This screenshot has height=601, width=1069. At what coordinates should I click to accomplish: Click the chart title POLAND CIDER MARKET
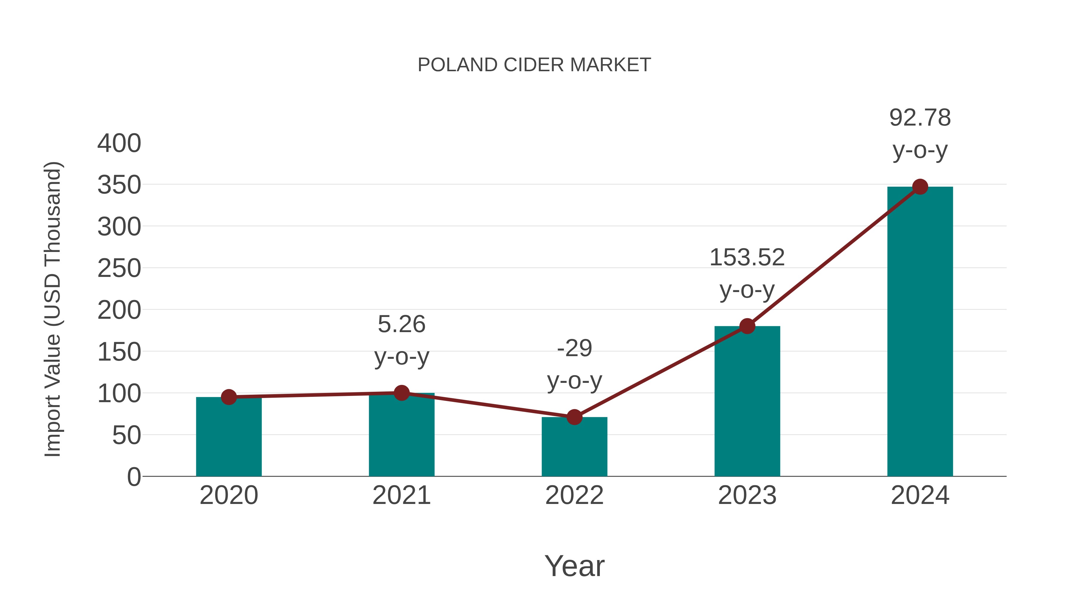[534, 65]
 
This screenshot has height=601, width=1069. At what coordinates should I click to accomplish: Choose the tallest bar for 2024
[920, 332]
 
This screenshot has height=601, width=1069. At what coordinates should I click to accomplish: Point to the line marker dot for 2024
[920, 187]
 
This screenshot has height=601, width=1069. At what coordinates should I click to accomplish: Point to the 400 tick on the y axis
[119, 144]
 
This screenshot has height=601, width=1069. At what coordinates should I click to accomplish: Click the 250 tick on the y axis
[119, 269]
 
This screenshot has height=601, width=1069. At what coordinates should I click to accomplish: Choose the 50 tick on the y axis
[126, 435]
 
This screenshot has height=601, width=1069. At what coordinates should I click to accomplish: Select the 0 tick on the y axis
[134, 477]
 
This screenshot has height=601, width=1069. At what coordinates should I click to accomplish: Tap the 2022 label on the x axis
[574, 496]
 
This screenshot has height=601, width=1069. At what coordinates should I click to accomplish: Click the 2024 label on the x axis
[920, 496]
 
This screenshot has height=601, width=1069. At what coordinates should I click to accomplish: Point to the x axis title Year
[574, 566]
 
